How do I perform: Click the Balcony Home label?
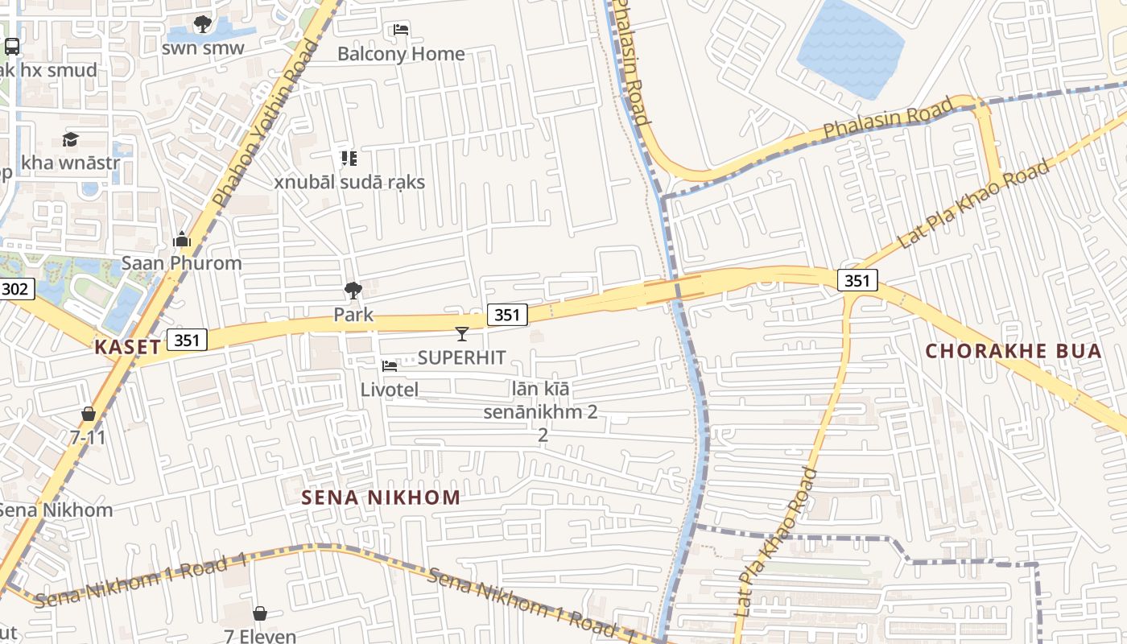tap(401, 54)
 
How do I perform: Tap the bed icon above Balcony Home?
tap(401, 31)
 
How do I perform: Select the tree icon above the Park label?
tap(353, 291)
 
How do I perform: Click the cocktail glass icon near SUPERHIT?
tap(461, 333)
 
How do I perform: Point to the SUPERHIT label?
tap(461, 357)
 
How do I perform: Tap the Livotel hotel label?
tap(389, 390)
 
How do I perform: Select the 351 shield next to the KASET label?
tap(187, 340)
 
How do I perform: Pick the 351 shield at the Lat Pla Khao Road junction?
tap(857, 279)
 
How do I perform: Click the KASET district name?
tap(127, 347)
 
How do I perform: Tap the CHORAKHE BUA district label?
tap(1013, 351)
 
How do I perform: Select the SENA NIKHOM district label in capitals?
tap(381, 497)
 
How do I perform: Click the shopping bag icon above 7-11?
tap(88, 414)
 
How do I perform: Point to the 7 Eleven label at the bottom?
tap(260, 636)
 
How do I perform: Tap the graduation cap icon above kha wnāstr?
tap(70, 139)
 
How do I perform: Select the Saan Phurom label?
tap(181, 263)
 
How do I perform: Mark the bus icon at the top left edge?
tap(11, 46)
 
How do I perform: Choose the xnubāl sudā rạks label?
tap(349, 182)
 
